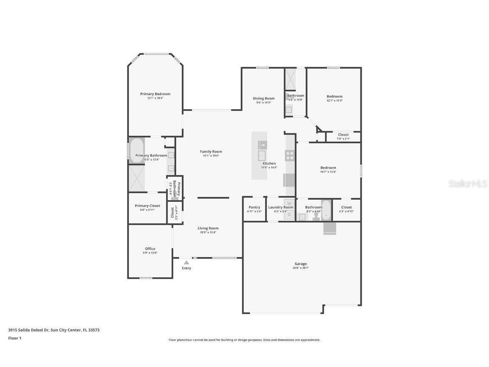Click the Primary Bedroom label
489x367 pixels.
[155, 94]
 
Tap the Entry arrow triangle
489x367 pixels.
[186, 263]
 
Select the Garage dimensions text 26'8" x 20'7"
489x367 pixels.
[301, 268]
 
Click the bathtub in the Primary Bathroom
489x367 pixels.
[137, 150]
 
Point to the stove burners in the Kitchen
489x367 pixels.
[290, 155]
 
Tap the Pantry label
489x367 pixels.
[254, 207]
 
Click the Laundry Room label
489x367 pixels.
[281, 207]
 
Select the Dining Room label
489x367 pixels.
[264, 98]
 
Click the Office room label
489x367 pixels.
[150, 248]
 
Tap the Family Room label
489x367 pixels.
[211, 152]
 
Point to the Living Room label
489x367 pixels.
[208, 228]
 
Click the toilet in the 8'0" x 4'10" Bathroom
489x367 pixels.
[316, 216]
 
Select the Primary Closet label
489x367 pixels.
[147, 206]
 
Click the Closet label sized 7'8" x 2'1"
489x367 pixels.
[343, 135]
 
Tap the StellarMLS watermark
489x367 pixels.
[469, 183]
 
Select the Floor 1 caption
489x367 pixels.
[14, 338]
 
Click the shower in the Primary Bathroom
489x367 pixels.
[137, 178]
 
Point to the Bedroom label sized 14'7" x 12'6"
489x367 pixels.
[328, 167]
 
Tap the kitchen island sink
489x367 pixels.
[262, 155]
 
